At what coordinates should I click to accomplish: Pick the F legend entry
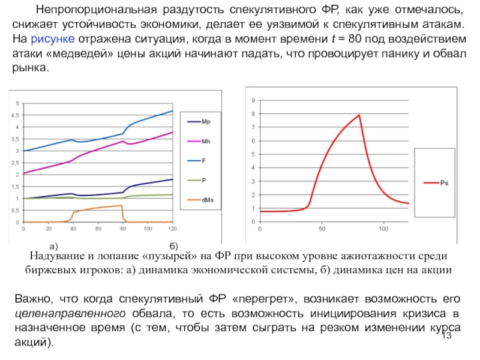(203, 160)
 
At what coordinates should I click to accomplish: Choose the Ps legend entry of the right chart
(443, 184)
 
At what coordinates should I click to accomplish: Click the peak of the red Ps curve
(359, 115)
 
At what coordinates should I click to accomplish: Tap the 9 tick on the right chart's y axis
(253, 100)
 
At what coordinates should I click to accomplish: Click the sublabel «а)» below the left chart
(53, 246)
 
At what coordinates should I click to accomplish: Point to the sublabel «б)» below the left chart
(173, 246)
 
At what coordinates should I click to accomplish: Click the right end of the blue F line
(172, 111)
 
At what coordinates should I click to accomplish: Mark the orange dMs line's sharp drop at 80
(123, 213)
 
